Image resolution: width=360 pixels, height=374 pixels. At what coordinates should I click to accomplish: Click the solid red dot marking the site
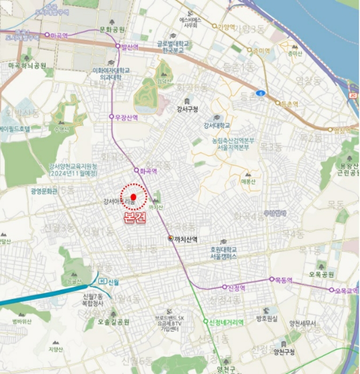[133, 197]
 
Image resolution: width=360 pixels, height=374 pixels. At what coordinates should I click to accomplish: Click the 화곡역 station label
[148, 172]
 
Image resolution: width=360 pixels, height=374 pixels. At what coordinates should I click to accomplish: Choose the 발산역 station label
[130, 47]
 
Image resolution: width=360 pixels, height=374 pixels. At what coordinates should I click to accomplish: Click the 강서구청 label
[187, 109]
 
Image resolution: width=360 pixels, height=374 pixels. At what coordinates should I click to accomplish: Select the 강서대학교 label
[216, 126]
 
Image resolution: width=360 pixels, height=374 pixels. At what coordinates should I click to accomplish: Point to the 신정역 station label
[236, 287]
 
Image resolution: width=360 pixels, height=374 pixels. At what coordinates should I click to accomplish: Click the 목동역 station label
[284, 280]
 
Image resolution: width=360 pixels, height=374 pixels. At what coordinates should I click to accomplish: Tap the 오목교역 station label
[346, 291]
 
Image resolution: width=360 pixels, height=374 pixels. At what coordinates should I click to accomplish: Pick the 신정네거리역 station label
[226, 322]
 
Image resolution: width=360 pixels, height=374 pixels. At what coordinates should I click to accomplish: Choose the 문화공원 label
[112, 29]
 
